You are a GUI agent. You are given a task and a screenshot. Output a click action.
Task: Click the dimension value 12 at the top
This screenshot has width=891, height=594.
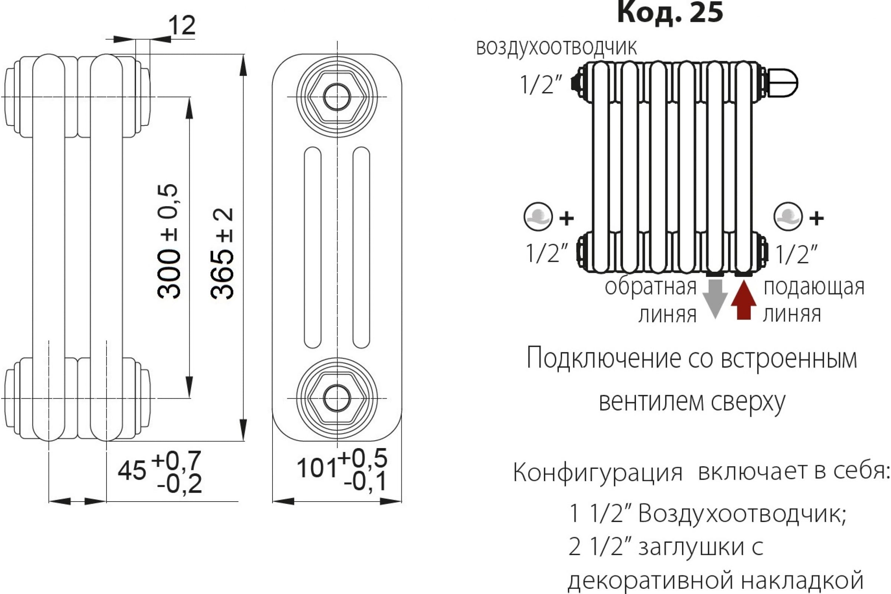point(182,26)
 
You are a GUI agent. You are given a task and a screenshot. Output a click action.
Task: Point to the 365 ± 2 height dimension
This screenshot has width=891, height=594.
point(222,254)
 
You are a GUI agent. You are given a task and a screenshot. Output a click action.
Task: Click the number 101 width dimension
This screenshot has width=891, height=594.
point(316,468)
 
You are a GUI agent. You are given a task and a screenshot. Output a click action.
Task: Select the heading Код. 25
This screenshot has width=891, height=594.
point(670,12)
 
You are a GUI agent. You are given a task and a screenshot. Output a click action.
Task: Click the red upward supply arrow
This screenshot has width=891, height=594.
point(744,300)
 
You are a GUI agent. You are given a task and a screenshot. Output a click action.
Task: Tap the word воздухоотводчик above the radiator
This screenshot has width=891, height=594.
point(556,48)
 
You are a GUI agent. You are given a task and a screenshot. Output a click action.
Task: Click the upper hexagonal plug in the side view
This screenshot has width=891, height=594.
point(337,97)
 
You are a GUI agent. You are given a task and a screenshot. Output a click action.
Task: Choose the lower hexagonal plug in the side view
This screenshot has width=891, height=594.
point(337,398)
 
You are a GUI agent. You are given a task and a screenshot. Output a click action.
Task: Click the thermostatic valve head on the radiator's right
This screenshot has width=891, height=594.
point(783,82)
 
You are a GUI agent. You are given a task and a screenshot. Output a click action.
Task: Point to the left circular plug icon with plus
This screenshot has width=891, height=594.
point(538,217)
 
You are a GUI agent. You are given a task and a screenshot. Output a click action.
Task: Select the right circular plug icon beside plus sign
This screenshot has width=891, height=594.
point(788,217)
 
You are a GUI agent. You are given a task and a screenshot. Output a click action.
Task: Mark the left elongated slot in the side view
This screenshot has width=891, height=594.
point(313,248)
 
